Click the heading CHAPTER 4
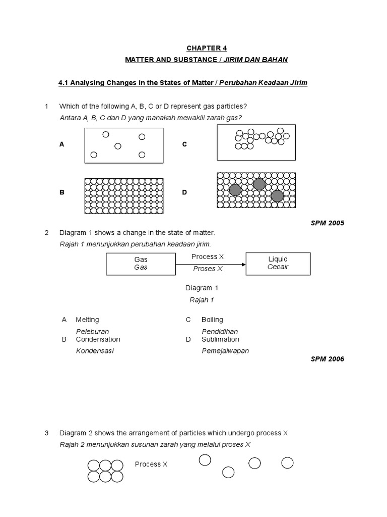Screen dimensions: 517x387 (x=207, y=48)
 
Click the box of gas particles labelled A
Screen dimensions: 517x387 (x=124, y=144)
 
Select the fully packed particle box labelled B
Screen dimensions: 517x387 (x=124, y=193)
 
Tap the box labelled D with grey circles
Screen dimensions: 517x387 (x=256, y=190)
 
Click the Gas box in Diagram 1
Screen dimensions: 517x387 (x=141, y=264)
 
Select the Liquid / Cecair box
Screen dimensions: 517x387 (x=278, y=263)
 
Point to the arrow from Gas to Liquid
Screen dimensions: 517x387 (x=210, y=264)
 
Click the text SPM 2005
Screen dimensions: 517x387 (x=328, y=223)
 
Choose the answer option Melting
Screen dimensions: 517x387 (x=87, y=320)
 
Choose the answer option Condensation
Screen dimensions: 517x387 (x=98, y=339)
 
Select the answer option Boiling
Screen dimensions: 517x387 (x=212, y=320)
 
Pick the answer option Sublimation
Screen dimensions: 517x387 (x=220, y=339)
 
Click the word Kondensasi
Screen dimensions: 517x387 (x=95, y=351)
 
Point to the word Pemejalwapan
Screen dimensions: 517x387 (x=225, y=351)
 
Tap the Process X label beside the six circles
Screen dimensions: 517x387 (x=151, y=464)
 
